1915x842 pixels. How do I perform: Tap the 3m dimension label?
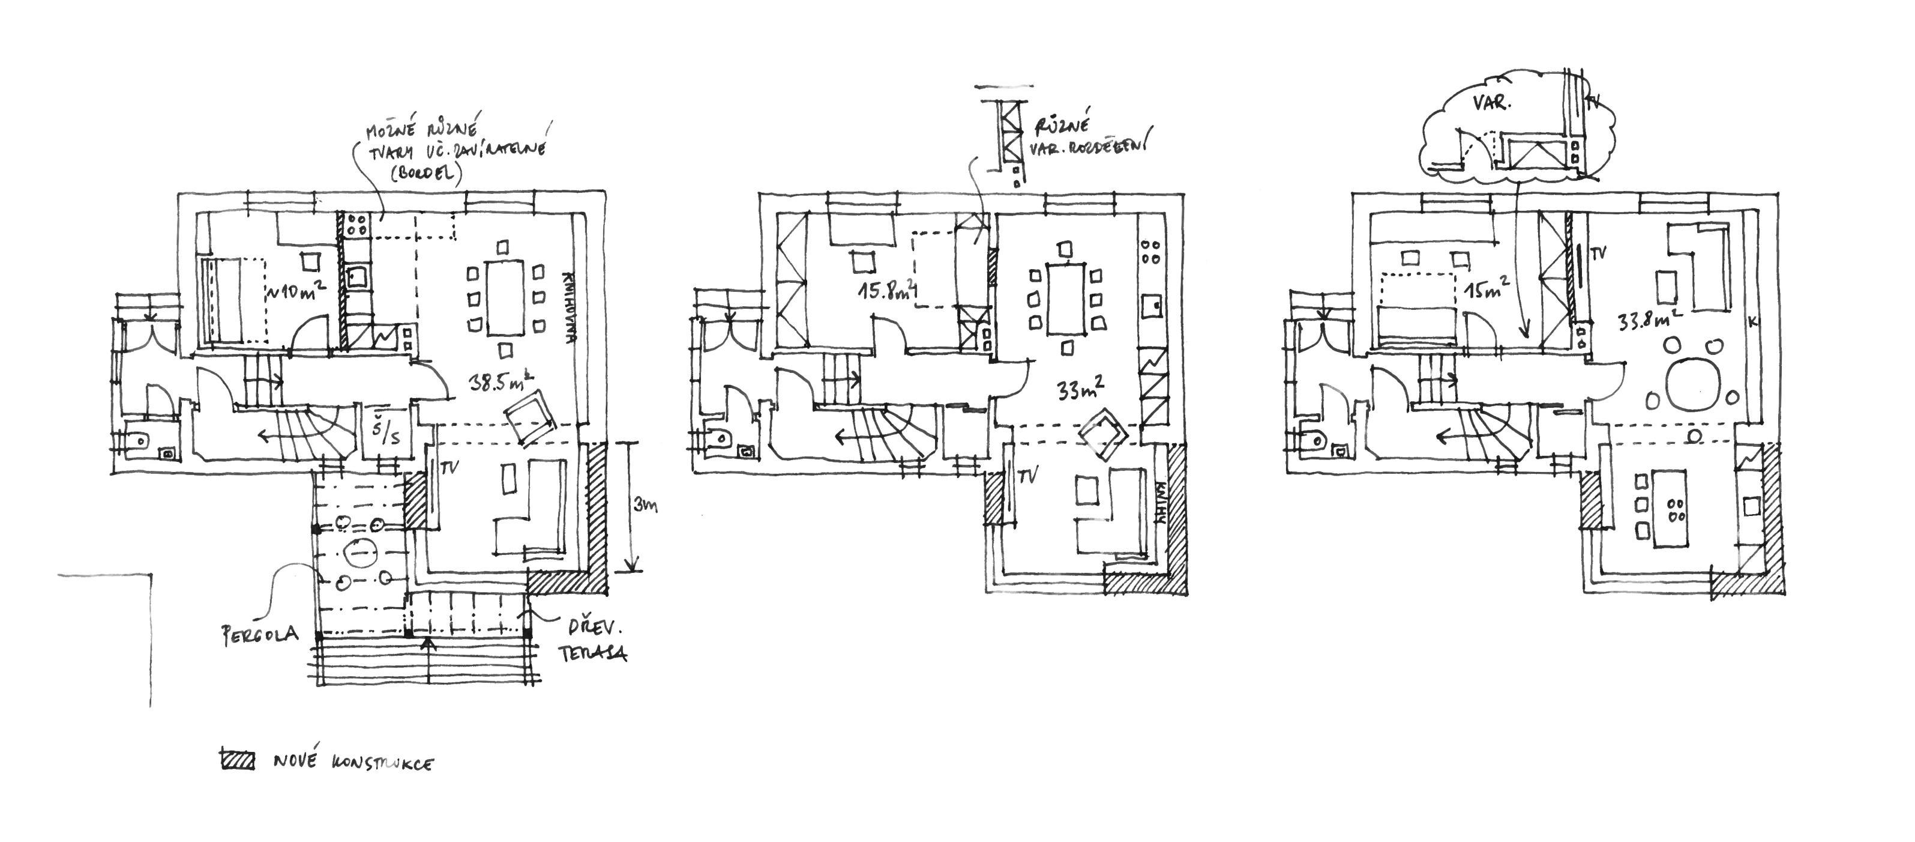click(x=645, y=506)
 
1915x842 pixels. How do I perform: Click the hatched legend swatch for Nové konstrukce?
click(x=237, y=761)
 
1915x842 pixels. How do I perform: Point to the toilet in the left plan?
click(x=138, y=442)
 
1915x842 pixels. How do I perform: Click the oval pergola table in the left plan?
click(x=361, y=553)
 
